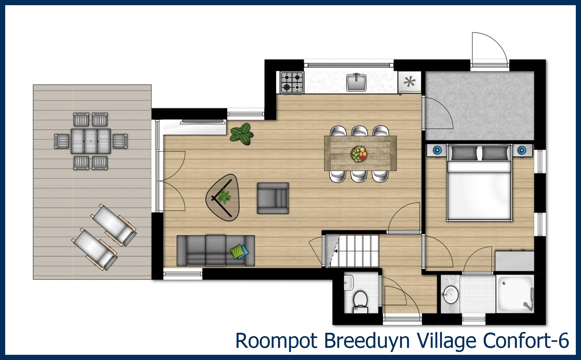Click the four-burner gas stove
pos(292,82)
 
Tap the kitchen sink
pos(356,82)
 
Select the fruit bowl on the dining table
pos(359,154)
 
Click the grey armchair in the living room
pos(273,198)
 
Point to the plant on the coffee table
pos(223,196)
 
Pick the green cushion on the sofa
pos(237,251)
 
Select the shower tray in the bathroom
pos(514,294)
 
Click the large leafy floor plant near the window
pos(242,134)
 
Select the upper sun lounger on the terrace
pos(114,225)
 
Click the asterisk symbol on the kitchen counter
pos(410,82)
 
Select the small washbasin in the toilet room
pos(348,282)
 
